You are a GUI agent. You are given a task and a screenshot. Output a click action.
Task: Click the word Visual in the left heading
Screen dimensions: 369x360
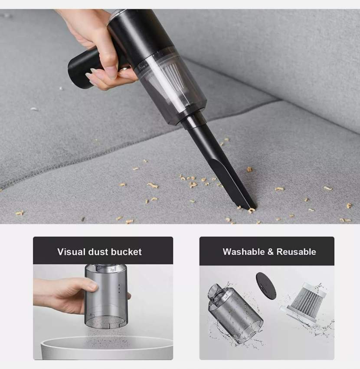click(71, 252)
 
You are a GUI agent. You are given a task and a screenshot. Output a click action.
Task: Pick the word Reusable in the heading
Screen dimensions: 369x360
click(296, 252)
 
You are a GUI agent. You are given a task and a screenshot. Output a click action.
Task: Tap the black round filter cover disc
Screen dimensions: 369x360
click(266, 286)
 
